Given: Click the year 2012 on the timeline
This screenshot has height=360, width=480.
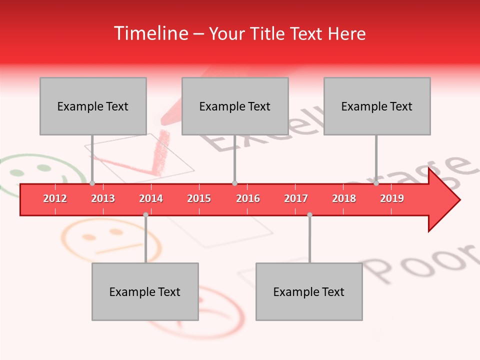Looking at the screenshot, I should [55, 198].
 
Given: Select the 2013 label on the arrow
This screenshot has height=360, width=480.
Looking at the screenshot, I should [103, 198].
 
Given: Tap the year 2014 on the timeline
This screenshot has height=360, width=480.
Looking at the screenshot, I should [151, 198].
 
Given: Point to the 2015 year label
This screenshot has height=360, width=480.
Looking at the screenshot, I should [199, 198].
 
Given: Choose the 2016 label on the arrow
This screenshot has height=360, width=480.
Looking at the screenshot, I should [248, 198].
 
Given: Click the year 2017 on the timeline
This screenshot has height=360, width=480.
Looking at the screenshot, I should [296, 198].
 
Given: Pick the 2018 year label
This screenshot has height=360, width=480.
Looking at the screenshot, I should [344, 198].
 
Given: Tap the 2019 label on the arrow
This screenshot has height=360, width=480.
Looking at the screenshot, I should [392, 198].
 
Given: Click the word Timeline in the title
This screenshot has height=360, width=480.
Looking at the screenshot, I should [150, 33].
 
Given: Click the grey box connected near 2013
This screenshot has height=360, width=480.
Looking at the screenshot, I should [93, 106].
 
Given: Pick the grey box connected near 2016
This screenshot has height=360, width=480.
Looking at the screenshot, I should [235, 106].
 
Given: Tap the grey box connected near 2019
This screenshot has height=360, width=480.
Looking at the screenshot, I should [377, 106].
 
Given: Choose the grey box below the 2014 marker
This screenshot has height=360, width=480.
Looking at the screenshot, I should [145, 291].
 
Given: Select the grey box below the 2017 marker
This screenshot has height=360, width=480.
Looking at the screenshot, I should [309, 291].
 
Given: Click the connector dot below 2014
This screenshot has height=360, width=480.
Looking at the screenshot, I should [145, 214].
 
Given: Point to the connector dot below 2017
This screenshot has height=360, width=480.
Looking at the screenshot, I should [309, 214].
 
